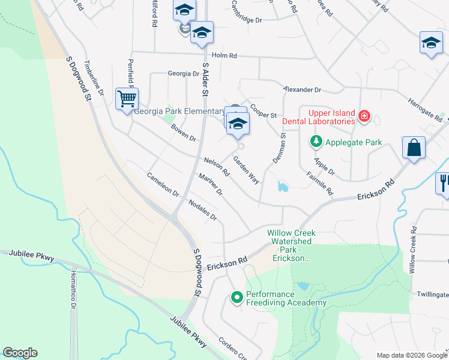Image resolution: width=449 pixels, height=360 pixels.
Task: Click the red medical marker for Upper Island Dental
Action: click(364, 116)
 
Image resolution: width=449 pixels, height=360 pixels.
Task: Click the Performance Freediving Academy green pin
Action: click(237, 296)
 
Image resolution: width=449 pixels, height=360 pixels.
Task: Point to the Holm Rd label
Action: click(224, 55)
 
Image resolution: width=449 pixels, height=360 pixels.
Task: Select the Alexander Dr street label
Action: click(302, 89)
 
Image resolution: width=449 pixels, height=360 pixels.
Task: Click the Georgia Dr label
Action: click(183, 74)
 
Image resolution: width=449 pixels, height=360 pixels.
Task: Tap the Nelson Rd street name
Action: click(217, 166)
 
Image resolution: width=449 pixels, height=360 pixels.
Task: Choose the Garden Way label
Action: click(246, 170)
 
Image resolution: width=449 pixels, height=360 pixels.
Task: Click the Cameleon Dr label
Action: click(163, 185)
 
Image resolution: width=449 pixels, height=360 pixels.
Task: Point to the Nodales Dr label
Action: click(202, 209)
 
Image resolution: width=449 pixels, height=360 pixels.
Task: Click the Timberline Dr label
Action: click(94, 78)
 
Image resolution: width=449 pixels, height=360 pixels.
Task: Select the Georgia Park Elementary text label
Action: click(179, 111)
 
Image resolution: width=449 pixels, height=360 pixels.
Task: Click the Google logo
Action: click(20, 353)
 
